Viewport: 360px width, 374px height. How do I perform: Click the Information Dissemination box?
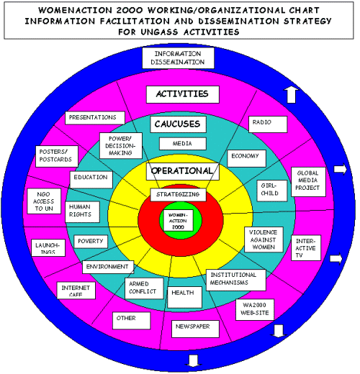click(x=178, y=58)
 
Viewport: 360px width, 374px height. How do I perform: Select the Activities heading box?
click(x=183, y=94)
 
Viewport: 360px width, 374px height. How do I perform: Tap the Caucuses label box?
click(x=178, y=124)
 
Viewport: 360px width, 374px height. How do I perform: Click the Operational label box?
click(x=183, y=171)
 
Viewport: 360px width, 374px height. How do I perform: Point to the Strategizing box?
click(x=178, y=195)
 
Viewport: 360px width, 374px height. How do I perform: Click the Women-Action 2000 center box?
click(x=178, y=221)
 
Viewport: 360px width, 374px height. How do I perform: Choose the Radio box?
click(x=268, y=124)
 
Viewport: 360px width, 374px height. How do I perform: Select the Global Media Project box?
click(x=308, y=182)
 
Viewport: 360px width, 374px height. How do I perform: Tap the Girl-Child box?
click(x=271, y=191)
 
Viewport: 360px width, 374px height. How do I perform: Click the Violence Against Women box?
click(x=264, y=240)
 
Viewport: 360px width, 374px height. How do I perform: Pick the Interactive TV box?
click(x=306, y=248)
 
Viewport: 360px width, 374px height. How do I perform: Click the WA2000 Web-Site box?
click(x=255, y=309)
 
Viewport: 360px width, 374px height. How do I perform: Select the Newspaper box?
click(x=195, y=329)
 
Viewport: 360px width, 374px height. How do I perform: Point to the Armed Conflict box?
click(x=144, y=288)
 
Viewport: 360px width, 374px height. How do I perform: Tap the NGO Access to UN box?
click(x=44, y=201)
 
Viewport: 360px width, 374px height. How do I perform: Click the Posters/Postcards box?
click(x=57, y=156)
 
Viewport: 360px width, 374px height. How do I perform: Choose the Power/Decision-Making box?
click(x=121, y=146)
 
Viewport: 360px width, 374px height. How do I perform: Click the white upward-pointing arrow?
click(x=291, y=95)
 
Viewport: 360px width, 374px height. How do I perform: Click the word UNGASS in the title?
click(x=159, y=32)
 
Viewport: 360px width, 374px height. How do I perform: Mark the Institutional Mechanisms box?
click(x=236, y=280)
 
